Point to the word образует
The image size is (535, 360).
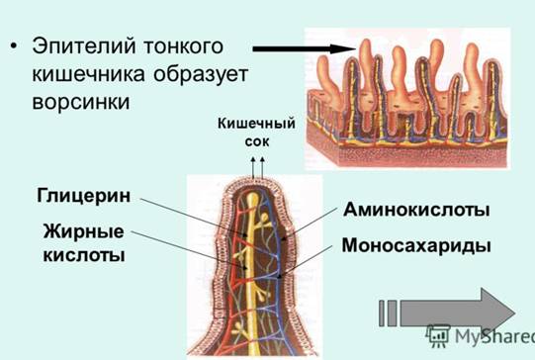pos(204,74)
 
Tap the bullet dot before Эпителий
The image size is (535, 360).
pos(14,47)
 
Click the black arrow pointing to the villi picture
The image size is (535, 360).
pos(302,47)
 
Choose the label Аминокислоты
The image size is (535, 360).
pos(416,211)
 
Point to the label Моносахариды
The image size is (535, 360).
pos(415,244)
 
